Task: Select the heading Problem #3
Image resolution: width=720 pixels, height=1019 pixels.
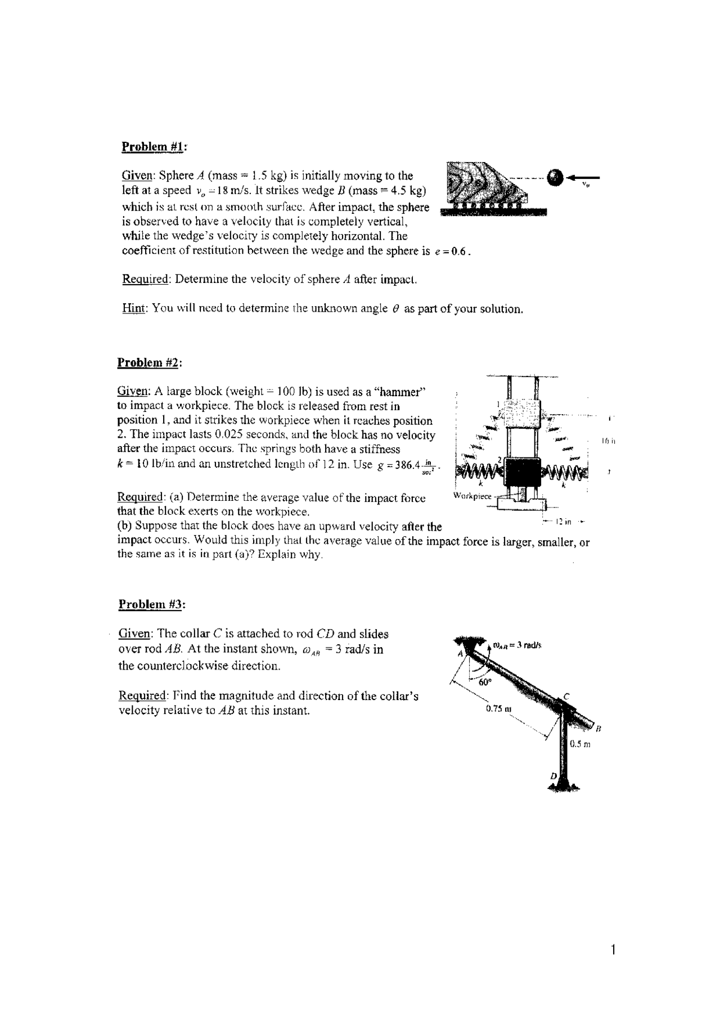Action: point(152,605)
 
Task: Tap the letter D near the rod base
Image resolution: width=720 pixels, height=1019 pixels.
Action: point(553,776)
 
